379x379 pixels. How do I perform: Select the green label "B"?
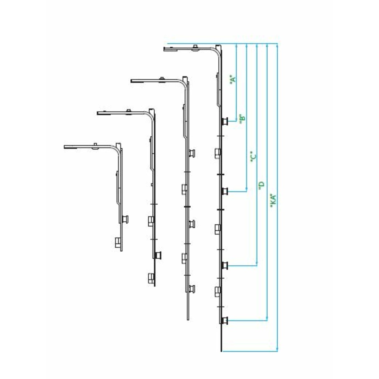[x=243, y=118]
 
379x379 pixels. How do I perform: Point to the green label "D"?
[x=262, y=186]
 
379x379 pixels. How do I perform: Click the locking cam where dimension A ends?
[x=224, y=121]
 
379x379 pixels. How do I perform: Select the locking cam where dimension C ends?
[x=224, y=265]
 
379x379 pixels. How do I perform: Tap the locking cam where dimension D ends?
[x=224, y=321]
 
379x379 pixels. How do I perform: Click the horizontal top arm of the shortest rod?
[x=89, y=147]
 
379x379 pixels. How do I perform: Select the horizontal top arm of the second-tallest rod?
[x=155, y=80]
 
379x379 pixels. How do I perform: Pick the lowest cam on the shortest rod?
[x=118, y=243]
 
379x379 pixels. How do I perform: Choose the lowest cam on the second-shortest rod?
[x=151, y=278]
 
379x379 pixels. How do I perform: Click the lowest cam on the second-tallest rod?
[x=191, y=289]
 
